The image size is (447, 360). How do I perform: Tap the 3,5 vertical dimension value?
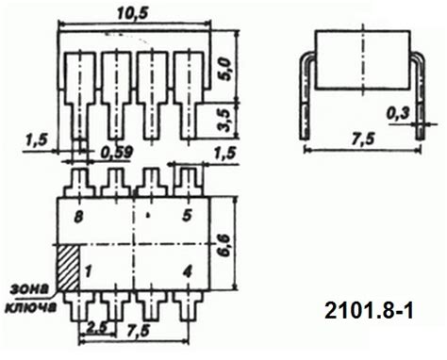[x=224, y=121]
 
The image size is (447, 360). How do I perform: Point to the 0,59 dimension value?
[x=117, y=153]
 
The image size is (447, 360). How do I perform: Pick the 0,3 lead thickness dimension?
[x=398, y=113]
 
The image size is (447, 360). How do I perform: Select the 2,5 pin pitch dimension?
[x=95, y=328]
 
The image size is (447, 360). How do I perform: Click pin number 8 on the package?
[x=78, y=217]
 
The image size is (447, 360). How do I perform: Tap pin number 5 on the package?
[x=187, y=216]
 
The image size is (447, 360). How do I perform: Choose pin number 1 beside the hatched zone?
[x=89, y=271]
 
